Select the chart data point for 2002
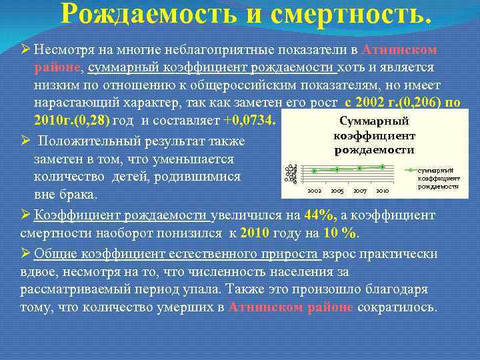[x=314, y=171]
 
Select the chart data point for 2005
[x=337, y=169]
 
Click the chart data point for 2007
[x=359, y=168]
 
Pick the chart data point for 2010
[x=382, y=166]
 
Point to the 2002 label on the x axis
[x=314, y=191]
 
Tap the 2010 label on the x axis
[x=382, y=191]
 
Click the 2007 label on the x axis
[x=359, y=191]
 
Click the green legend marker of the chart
[x=412, y=171]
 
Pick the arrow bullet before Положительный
[x=25, y=142]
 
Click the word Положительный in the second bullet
[x=89, y=142]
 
